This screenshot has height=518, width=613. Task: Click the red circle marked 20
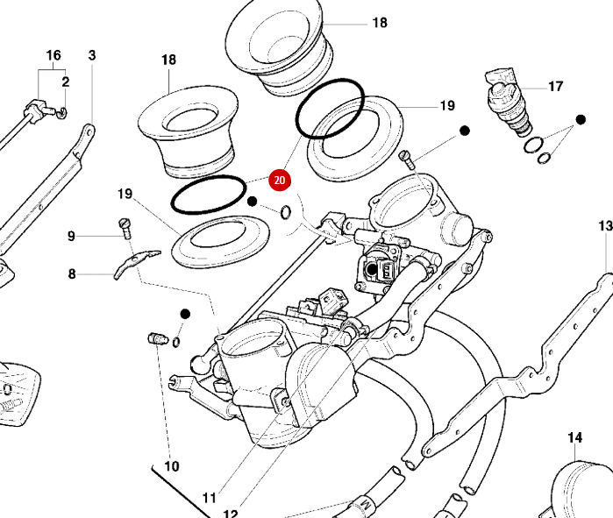280,181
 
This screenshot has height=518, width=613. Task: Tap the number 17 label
555,86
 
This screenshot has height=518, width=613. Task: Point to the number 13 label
605,226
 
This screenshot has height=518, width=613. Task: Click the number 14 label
574,437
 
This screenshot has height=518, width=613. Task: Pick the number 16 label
53,55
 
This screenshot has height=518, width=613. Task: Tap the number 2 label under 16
65,82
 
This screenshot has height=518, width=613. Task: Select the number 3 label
92,55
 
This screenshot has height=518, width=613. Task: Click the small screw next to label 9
125,229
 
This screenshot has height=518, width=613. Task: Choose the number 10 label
171,466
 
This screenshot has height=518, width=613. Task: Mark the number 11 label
209,498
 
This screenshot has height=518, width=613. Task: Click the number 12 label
230,514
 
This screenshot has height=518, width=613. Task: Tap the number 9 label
72,236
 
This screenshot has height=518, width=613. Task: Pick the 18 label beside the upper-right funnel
379,23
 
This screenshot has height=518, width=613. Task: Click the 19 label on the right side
447,106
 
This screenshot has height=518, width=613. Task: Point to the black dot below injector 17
580,119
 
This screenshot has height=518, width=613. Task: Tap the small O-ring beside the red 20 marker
286,211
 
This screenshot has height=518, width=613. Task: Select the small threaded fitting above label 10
158,337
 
